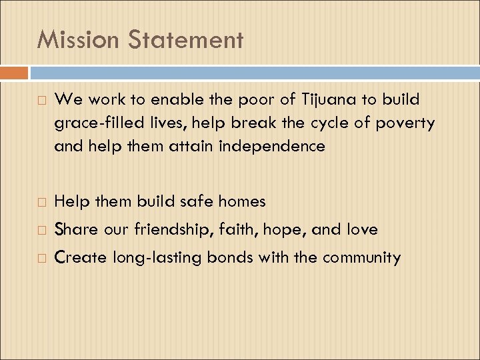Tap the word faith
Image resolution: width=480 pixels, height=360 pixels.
[x=239, y=229]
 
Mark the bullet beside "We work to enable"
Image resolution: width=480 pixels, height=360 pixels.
[x=43, y=101]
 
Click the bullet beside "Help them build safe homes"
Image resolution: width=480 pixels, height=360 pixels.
[x=43, y=201]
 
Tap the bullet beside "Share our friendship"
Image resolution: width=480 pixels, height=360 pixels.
[x=43, y=230]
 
